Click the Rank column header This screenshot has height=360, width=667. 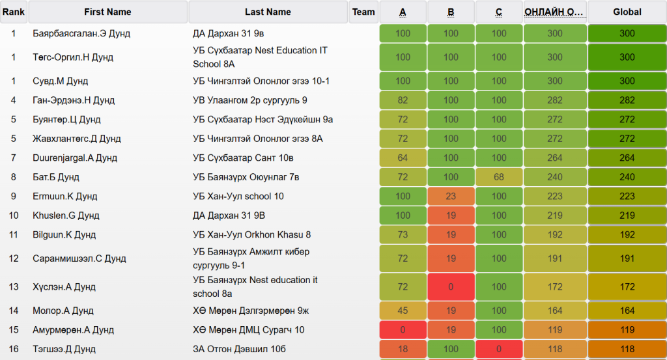tap(14, 12)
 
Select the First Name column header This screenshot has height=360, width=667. tap(107, 12)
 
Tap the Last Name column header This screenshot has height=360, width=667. tap(268, 12)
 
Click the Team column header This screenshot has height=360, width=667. tap(363, 12)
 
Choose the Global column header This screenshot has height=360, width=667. tap(627, 12)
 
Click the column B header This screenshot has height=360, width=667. tap(451, 12)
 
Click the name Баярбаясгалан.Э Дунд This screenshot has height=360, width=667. tap(81, 34)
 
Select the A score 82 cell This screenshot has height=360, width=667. tap(403, 100)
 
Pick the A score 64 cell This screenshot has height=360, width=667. tap(403, 158)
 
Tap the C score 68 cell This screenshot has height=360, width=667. tap(499, 177)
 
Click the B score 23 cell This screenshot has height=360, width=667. tap(451, 197)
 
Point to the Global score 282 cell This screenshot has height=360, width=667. tap(627, 100)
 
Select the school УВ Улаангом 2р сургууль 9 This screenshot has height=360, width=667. tap(249, 100)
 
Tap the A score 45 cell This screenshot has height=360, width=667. tap(403, 311)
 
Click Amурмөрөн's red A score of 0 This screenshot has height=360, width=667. tap(403, 330)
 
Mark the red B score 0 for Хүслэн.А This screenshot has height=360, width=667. tap(451, 286)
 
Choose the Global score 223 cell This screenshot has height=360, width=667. tap(627, 197)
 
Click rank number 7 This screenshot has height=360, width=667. tap(14, 158)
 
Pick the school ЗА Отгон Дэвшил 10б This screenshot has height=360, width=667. tap(239, 350)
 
